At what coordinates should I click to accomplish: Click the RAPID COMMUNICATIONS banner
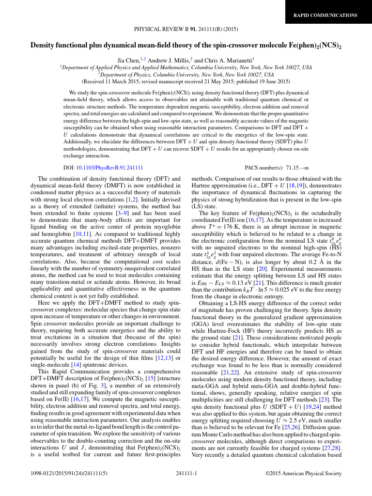tap(325, 15)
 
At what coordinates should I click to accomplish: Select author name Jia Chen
tap(128, 60)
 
